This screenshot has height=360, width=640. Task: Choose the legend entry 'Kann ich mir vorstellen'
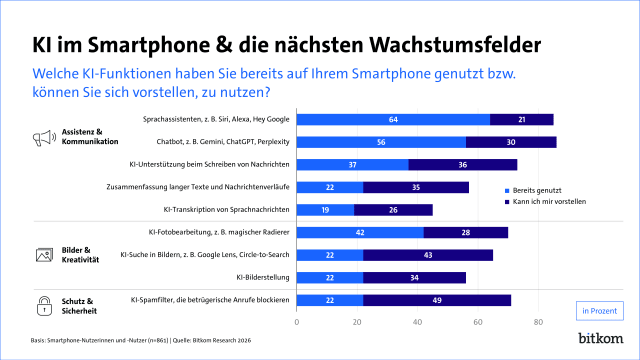pyautogui.click(x=554, y=201)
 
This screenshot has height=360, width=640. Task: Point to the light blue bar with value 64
pyautogui.click(x=393, y=120)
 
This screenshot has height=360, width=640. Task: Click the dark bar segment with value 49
pyautogui.click(x=437, y=299)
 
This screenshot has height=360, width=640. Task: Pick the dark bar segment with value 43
pyautogui.click(x=428, y=255)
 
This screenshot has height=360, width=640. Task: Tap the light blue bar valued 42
pyautogui.click(x=360, y=233)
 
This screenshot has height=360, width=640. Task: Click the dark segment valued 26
pyautogui.click(x=393, y=210)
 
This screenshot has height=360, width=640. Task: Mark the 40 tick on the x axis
pyautogui.click(x=417, y=322)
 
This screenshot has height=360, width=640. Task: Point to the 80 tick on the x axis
pyautogui.click(x=538, y=322)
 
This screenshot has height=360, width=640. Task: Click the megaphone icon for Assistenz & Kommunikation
pyautogui.click(x=43, y=137)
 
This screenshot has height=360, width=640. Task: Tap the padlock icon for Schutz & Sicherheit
pyautogui.click(x=43, y=305)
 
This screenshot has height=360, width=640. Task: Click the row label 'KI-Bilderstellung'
pyautogui.click(x=263, y=277)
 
